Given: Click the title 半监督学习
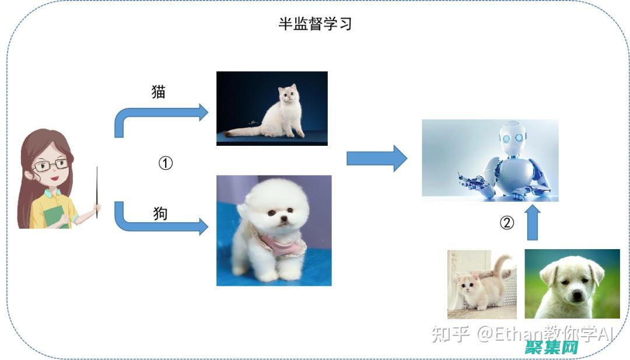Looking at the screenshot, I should click(x=315, y=25).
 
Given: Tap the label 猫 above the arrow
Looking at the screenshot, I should click(x=159, y=92).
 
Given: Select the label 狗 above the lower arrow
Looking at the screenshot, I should click(x=160, y=214).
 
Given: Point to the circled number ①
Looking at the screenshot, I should click(x=166, y=163).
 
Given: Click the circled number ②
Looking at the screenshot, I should click(x=507, y=223).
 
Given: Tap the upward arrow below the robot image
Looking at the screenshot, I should click(x=533, y=223).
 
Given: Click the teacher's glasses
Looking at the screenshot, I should click(x=50, y=165).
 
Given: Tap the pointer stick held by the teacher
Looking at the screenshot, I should click(x=97, y=193).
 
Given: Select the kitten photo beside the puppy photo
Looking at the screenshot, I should click(x=482, y=284).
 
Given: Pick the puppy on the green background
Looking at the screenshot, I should click(x=572, y=284).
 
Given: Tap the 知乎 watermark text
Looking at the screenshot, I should click(x=450, y=334).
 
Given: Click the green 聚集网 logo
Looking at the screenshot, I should click(x=551, y=348).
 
